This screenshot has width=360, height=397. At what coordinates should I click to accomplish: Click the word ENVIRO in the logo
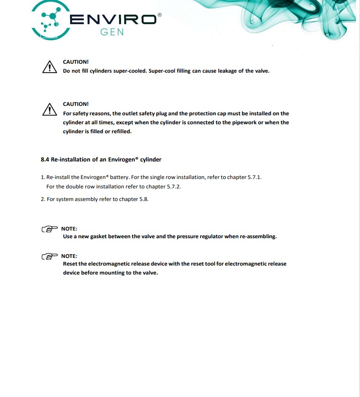coord(113,19)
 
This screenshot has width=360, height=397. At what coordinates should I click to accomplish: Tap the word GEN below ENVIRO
coord(112,33)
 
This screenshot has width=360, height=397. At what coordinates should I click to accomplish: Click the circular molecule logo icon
coord(52,19)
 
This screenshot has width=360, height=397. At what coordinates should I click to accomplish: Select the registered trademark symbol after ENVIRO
coord(160,15)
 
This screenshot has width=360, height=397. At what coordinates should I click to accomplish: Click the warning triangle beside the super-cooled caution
coord(49,67)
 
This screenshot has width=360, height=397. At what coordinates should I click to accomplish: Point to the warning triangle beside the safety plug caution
coord(49,109)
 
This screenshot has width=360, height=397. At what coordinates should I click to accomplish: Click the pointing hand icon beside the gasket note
coord(49,229)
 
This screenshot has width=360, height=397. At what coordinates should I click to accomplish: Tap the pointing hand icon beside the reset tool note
coord(49,257)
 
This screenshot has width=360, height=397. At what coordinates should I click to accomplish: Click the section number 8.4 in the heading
coord(44,159)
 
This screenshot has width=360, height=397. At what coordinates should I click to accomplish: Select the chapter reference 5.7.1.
coord(255,177)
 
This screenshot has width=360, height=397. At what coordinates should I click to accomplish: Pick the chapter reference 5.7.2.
coord(174,187)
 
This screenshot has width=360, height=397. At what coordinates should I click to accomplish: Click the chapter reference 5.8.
coord(144,199)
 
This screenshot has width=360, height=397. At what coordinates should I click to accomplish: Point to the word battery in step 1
coord(119,177)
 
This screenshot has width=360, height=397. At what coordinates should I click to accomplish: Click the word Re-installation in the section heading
coord(72,159)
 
